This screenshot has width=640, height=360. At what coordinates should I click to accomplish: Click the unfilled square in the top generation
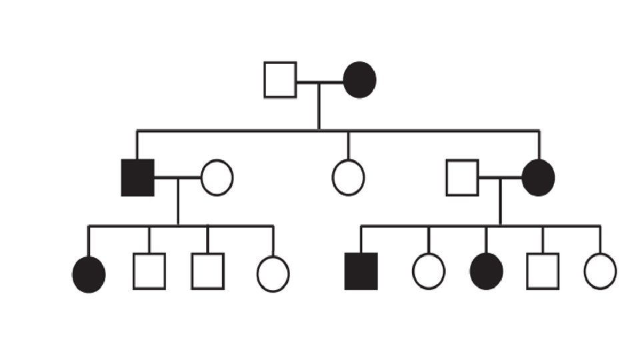point(280,80)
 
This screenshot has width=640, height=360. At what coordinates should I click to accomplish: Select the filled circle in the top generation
point(360,80)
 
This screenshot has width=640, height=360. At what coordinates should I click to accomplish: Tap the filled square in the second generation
point(137,178)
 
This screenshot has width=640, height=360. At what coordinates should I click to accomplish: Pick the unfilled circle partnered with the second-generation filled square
point(217,178)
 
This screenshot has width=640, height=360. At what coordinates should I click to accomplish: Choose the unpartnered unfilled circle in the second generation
point(348,178)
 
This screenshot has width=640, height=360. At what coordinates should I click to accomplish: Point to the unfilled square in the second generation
point(462,178)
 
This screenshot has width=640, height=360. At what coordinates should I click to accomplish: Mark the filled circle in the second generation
point(538,178)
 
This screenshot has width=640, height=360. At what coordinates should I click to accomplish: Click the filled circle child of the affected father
point(89,273)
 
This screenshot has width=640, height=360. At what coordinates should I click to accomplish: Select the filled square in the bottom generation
point(361,271)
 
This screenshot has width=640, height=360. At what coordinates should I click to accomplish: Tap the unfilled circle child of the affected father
point(273,273)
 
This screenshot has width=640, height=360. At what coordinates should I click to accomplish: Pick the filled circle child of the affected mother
point(486,272)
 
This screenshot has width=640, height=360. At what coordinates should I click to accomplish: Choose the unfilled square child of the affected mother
point(543,271)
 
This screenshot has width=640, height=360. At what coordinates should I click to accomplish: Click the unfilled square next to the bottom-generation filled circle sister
point(149,271)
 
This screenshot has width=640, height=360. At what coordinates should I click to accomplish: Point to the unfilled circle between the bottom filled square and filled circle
point(429,272)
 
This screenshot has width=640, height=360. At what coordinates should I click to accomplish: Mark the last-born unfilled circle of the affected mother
point(600,272)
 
